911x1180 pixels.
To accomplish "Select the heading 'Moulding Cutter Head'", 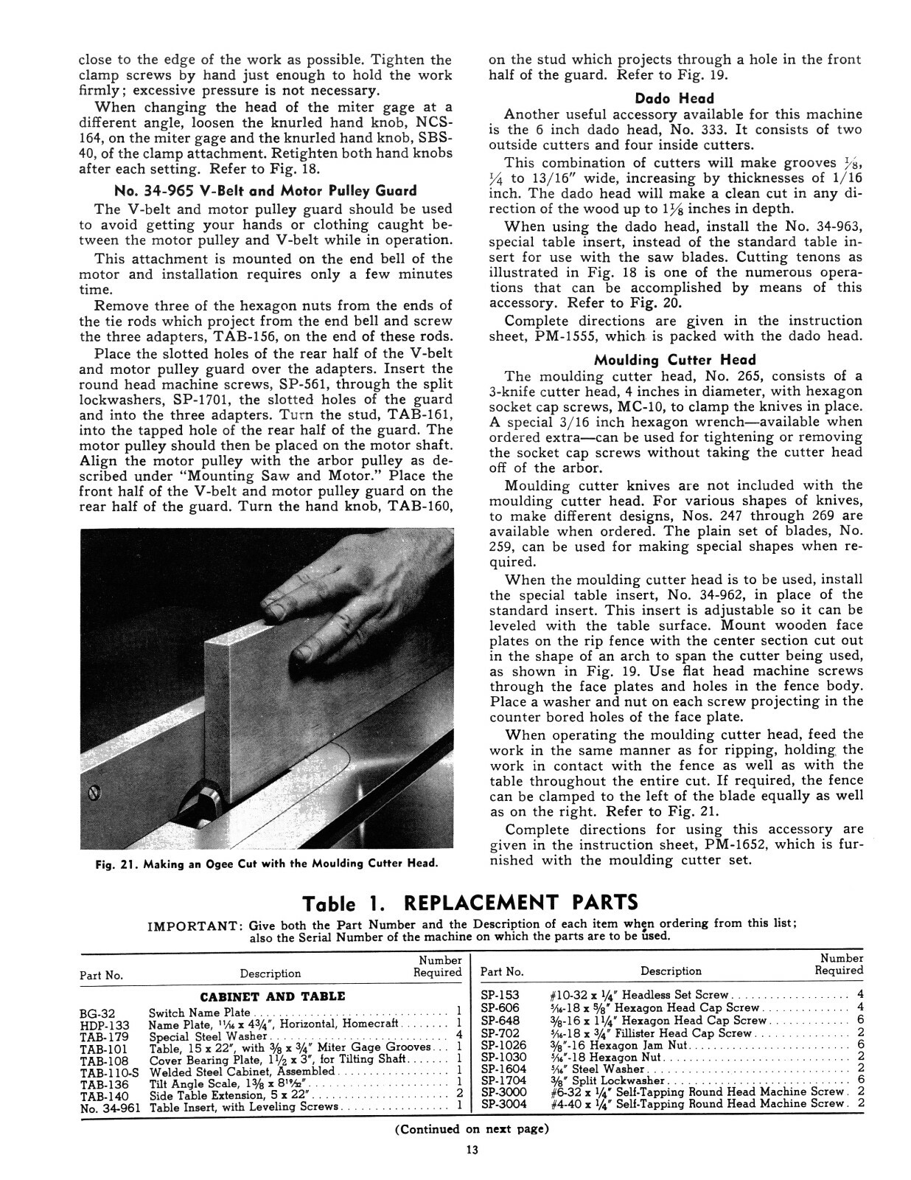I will click(674, 360).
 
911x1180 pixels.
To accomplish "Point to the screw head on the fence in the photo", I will click(94, 793).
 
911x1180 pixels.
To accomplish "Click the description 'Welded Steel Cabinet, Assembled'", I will click(242, 1071).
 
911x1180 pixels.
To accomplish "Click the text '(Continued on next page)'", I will click(472, 1129).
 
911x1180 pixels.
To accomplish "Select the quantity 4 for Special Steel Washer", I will click(458, 1036).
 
